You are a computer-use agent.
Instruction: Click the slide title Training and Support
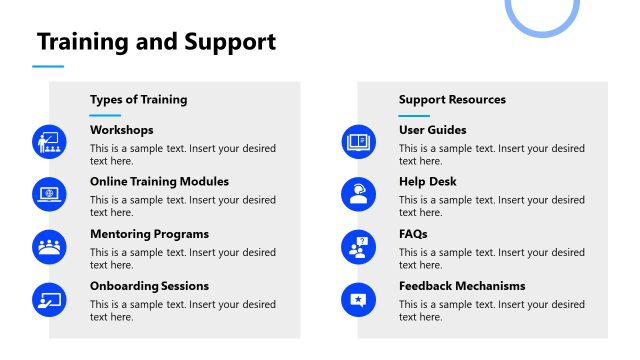[156, 42]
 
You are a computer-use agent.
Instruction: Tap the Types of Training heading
[138, 99]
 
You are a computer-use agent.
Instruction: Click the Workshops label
[122, 130]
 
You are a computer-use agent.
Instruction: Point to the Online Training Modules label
[159, 182]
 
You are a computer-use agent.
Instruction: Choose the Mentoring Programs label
[149, 234]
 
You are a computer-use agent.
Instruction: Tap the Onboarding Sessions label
[149, 286]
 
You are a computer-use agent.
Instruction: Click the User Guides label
[432, 130]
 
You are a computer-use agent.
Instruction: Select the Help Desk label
[427, 182]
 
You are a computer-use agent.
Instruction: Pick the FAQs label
[413, 234]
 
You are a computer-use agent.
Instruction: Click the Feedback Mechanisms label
[462, 286]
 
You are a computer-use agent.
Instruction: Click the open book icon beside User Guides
[357, 142]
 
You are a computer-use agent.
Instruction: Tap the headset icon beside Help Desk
[357, 194]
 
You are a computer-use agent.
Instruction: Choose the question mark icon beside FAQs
[357, 246]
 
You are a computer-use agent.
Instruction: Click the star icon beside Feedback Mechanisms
[357, 298]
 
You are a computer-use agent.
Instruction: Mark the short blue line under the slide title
[48, 67]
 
